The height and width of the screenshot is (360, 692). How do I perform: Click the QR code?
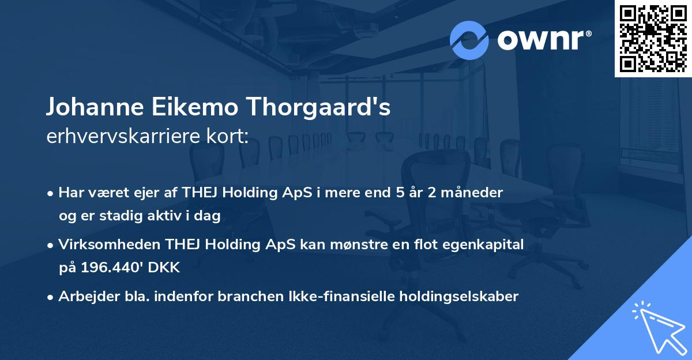coord(653,38)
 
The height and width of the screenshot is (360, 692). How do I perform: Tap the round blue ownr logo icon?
coord(469,40)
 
